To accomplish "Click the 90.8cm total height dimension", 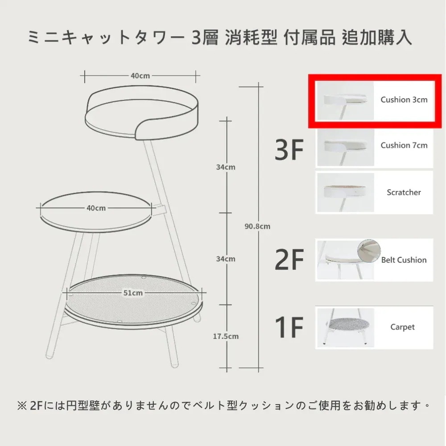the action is [257, 227].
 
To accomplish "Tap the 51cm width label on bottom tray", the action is [133, 293].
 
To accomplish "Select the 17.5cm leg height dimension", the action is [226, 336].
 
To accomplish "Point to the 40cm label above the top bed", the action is [140, 76].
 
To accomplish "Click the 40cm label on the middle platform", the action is [96, 208].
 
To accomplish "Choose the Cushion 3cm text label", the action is [404, 99].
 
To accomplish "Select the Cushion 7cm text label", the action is [404, 145].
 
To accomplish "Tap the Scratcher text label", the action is [404, 192].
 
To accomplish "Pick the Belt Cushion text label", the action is [404, 260].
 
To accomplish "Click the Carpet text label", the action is [402, 327].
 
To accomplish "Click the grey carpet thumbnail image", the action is [346, 328].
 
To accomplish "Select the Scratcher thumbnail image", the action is [346, 192].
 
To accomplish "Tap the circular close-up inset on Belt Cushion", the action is [369, 251].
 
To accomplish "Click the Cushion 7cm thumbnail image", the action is [346, 147].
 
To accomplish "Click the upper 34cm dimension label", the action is [226, 167].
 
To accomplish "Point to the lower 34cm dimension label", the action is [226, 259].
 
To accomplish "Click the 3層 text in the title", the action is [205, 37].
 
